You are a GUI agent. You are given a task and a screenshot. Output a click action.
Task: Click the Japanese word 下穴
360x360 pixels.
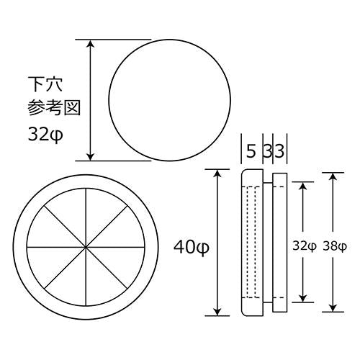tap(45, 84)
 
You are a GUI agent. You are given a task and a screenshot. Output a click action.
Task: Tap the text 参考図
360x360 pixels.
tap(54, 107)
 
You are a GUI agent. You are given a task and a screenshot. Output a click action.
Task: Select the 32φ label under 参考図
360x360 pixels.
tap(45, 135)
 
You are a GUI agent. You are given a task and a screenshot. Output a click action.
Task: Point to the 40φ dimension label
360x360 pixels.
tap(192, 248)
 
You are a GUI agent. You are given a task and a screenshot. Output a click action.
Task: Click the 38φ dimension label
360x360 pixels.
tap(335, 246)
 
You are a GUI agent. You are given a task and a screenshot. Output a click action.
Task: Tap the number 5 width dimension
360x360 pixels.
tap(251, 152)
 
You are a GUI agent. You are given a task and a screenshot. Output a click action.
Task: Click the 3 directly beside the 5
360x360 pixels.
tap(266, 152)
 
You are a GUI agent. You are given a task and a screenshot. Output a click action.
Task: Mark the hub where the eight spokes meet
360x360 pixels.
tap(86, 247)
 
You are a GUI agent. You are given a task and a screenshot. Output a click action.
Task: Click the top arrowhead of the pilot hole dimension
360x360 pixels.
tap(90, 44)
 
